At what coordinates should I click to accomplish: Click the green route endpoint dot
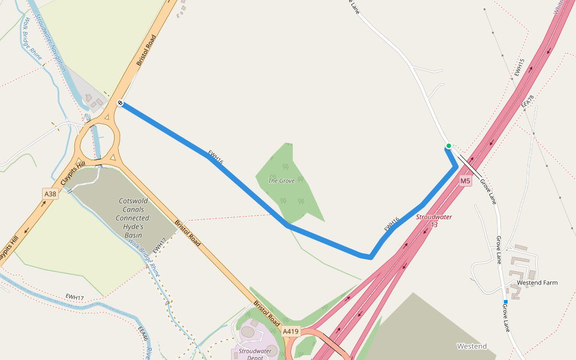coord(448,146)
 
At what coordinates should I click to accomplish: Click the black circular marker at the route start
coord(121,103)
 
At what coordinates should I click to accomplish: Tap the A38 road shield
coord(50,194)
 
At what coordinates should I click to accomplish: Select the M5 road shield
coord(466,181)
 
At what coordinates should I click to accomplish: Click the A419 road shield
coord(291,331)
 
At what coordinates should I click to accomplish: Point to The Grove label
coord(281,181)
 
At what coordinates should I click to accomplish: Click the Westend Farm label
coord(537,283)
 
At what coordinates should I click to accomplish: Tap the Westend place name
coord(472,346)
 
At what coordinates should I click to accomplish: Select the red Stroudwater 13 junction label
coord(434,220)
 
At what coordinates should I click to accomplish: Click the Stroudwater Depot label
coord(255,353)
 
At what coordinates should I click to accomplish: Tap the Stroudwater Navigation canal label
coord(50,42)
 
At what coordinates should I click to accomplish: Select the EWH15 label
coord(519,67)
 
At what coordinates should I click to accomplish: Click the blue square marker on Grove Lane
coord(506,301)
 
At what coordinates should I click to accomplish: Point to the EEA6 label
coord(143,338)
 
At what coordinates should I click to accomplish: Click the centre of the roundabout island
coord(96,139)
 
